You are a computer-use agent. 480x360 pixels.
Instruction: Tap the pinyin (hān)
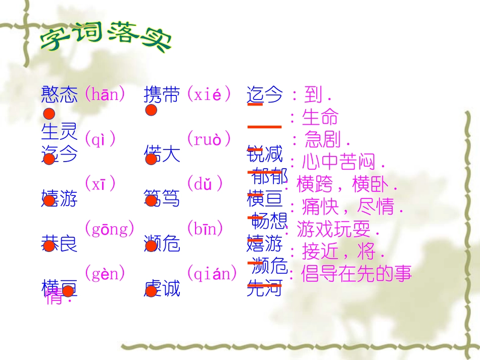pos(105,94)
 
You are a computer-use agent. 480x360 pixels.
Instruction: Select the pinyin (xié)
pos(209,94)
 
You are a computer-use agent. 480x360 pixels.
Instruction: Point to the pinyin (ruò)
pos(209,139)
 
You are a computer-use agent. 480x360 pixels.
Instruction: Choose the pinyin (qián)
pos(212,274)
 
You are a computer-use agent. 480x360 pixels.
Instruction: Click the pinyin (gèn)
pos(105,274)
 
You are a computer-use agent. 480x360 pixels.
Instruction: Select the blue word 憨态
pos(60,94)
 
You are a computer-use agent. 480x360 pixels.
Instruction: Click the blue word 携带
pos(162,94)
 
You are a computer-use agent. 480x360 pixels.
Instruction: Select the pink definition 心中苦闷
pos(344,162)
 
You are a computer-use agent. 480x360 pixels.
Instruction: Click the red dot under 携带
pos(151,111)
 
